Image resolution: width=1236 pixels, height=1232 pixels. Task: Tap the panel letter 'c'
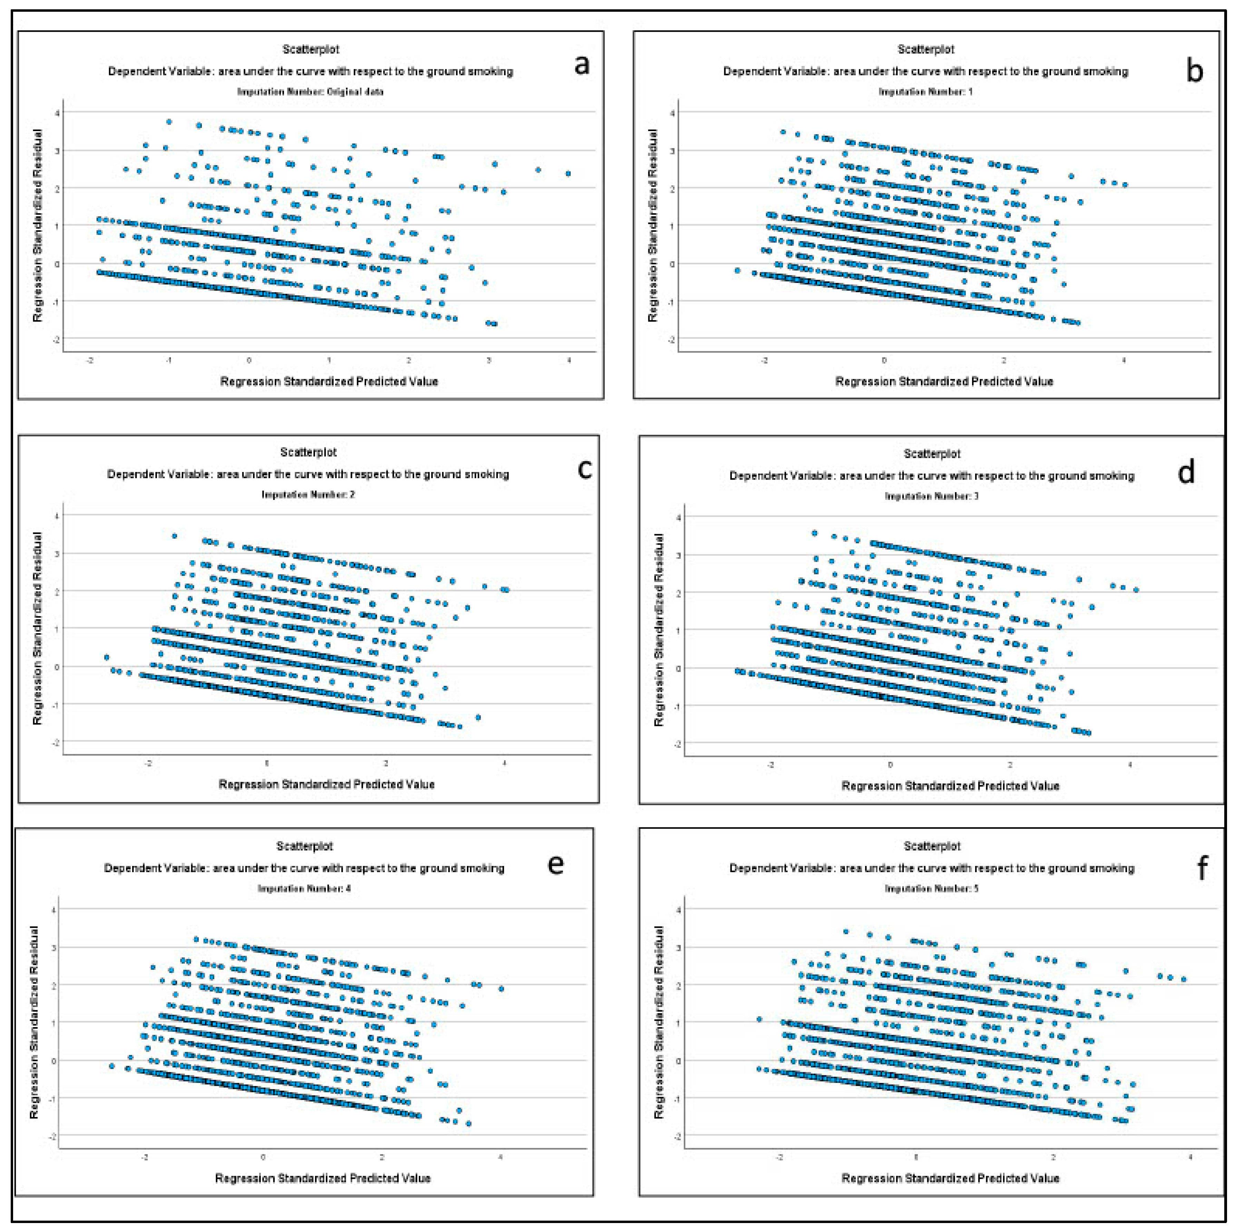[584, 469]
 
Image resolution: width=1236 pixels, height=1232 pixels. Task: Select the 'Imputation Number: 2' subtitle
[308, 494]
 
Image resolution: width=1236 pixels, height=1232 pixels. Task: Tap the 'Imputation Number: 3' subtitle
[931, 496]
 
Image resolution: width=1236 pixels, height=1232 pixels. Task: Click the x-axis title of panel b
[944, 381]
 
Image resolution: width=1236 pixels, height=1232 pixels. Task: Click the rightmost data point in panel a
[568, 173]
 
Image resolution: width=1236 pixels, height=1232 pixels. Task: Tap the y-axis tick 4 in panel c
[57, 515]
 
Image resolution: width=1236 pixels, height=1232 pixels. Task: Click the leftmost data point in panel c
[107, 657]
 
